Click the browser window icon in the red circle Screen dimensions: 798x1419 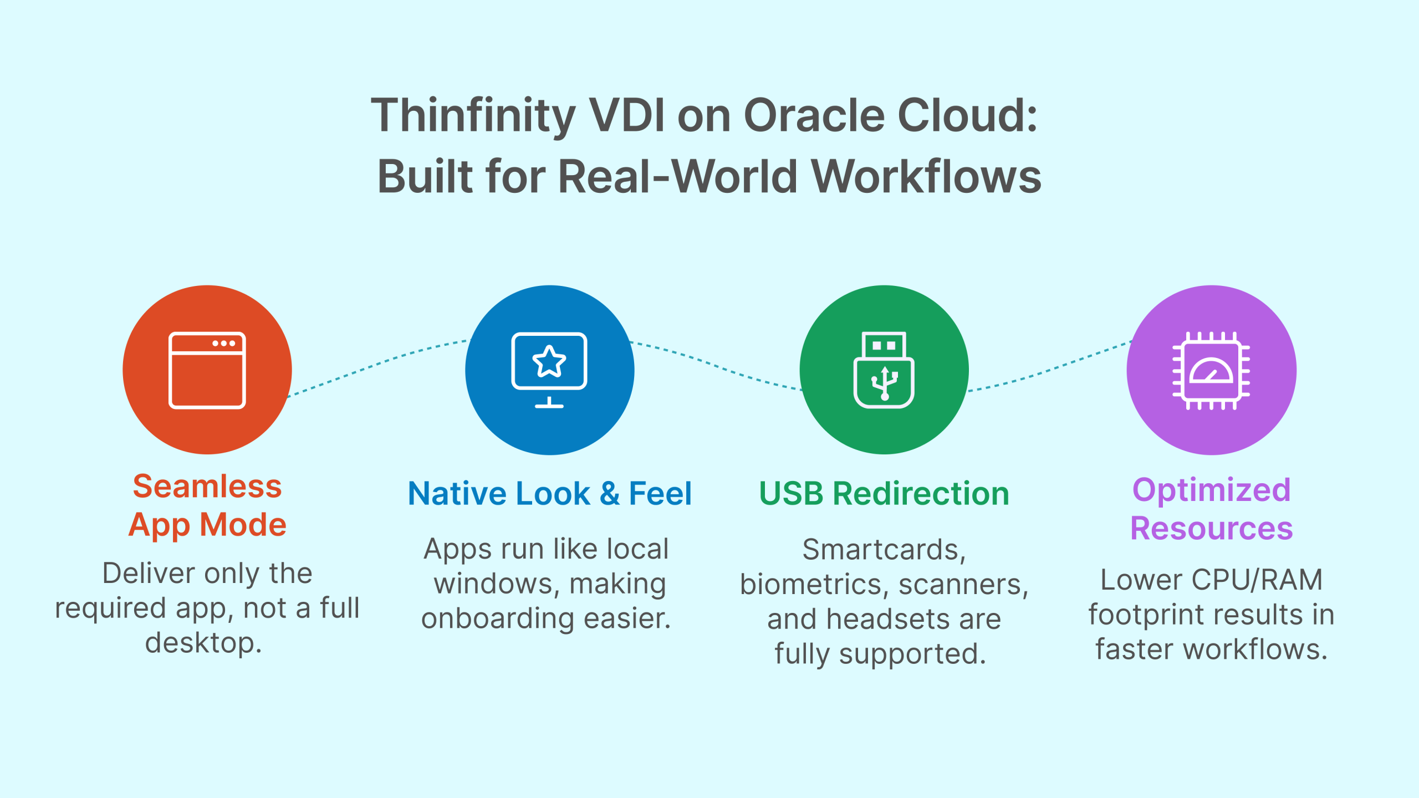[x=207, y=370]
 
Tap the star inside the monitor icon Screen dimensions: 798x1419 [x=549, y=361]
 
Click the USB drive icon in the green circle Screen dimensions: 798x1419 [x=884, y=370]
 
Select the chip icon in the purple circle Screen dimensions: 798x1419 [x=1211, y=370]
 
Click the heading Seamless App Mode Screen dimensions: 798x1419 [x=207, y=505]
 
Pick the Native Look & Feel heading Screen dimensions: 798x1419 [x=549, y=493]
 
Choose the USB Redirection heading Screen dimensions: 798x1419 [x=884, y=493]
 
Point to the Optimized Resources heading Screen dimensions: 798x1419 [x=1211, y=509]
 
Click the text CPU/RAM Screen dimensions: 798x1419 [x=1257, y=580]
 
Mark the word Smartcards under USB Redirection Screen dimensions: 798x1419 [x=884, y=550]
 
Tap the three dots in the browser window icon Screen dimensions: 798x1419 [x=224, y=344]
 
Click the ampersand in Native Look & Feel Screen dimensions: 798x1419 [x=609, y=493]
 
